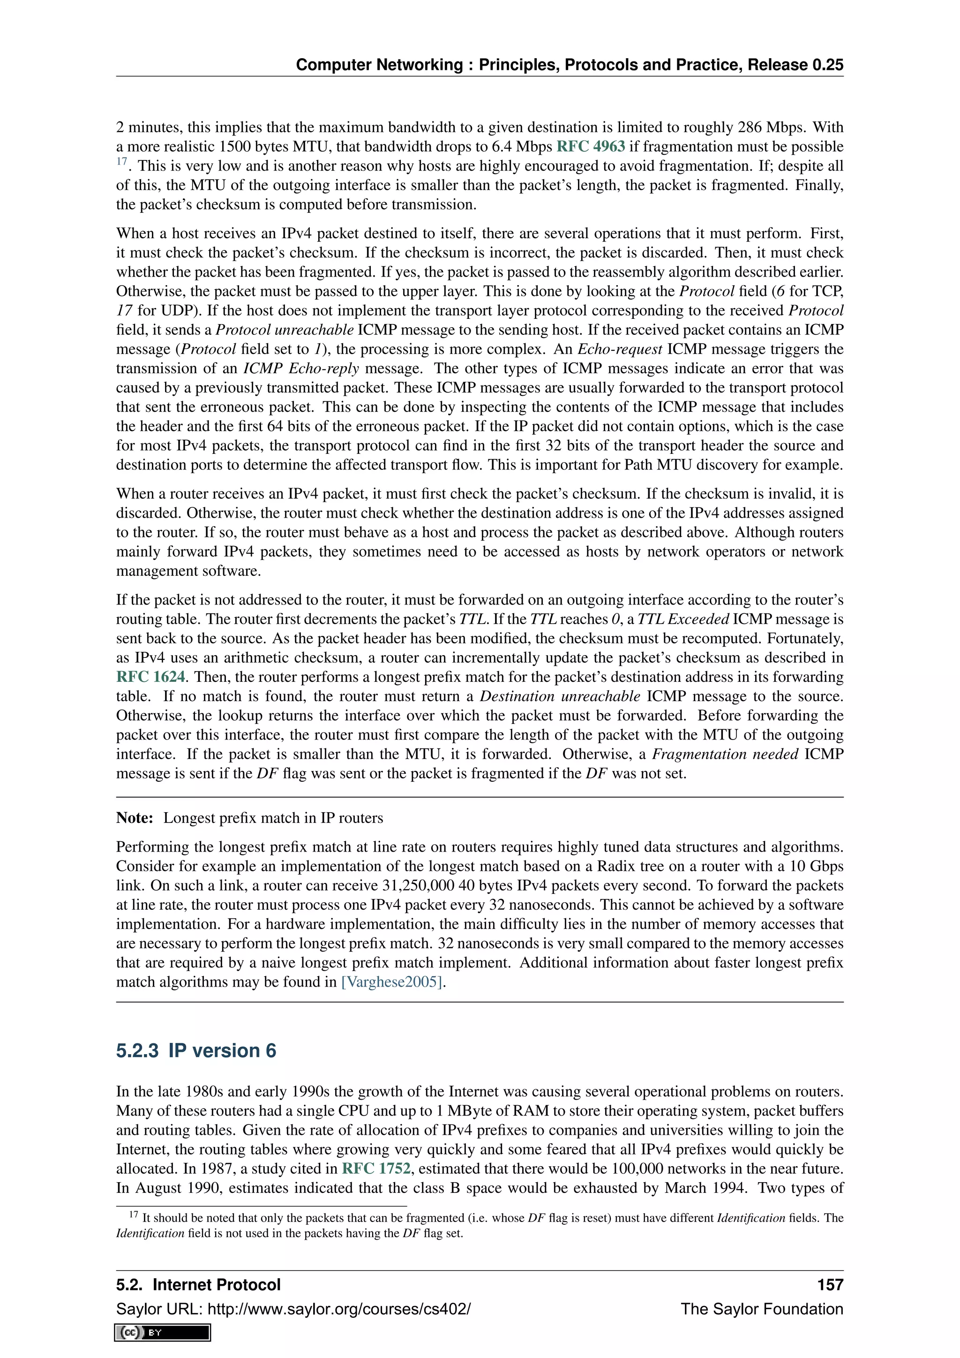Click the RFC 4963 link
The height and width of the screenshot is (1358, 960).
coord(591,147)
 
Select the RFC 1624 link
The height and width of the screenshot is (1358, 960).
coord(151,677)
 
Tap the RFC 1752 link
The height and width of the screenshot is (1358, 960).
coord(376,1169)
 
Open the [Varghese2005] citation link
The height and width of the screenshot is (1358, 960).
coord(392,982)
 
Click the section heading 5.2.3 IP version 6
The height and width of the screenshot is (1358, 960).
coord(196,1051)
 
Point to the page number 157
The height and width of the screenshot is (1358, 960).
coord(830,1285)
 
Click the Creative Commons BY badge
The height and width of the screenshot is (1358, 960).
coord(163,1332)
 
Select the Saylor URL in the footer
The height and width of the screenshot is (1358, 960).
coord(293,1309)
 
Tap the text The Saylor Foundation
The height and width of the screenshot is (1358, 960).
coord(761,1309)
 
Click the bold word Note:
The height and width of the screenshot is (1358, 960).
coord(135,818)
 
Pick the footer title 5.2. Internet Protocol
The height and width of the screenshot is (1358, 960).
coord(198,1285)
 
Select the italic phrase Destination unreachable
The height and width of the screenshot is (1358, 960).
coord(559,696)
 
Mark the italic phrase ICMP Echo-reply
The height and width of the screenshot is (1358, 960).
coord(301,369)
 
